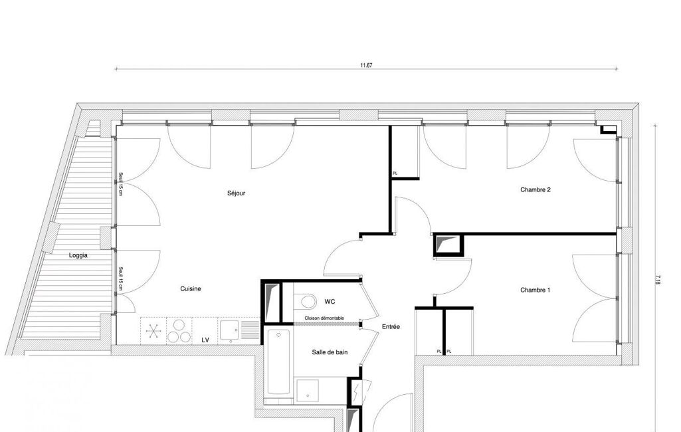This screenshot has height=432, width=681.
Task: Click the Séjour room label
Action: coord(237,193)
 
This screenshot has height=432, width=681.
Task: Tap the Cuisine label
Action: coord(191,288)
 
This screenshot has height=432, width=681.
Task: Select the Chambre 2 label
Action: coord(535,189)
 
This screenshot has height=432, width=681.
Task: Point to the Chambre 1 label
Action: coord(535,290)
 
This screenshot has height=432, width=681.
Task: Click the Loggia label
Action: coord(78,255)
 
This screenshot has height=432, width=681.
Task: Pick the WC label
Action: coord(330,302)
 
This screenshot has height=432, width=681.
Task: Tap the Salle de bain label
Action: coord(330,352)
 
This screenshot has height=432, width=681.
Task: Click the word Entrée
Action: coord(391,327)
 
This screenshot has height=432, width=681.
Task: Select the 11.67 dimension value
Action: coord(366,66)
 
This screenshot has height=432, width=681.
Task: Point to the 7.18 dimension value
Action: coord(658,279)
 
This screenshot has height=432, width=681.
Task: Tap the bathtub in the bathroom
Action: coord(278,362)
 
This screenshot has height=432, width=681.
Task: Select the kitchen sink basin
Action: coord(229,330)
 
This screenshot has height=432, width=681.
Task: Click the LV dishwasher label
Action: coord(205,340)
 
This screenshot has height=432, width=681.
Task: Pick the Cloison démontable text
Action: coord(324,318)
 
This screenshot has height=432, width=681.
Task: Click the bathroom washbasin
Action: coord(308,390)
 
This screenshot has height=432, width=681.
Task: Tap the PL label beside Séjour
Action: coord(395,173)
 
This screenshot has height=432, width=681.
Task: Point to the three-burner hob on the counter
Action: coord(179,331)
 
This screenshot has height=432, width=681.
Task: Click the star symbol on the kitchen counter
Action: coord(153,331)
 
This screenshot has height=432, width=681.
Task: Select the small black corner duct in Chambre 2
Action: coord(609,130)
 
